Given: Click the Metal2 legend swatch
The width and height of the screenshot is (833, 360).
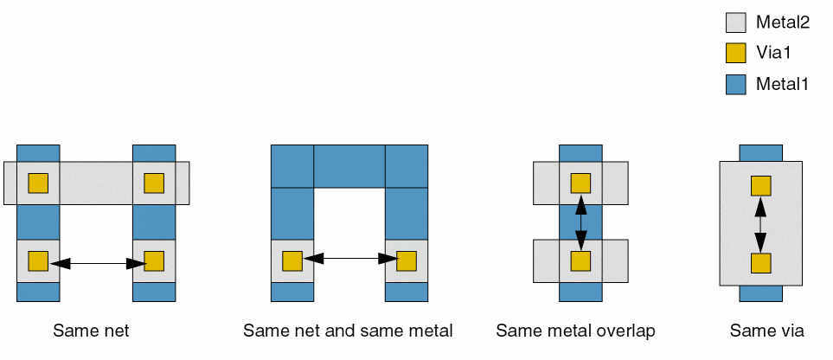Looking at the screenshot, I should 735,22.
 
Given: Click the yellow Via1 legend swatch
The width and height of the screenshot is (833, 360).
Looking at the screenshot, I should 735,53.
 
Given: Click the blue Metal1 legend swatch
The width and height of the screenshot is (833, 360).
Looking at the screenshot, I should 735,84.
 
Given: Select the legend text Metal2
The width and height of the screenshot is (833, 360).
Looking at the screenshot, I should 782,22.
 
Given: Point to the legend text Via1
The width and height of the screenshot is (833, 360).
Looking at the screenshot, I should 774,53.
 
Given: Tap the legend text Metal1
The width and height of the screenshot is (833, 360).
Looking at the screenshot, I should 782,84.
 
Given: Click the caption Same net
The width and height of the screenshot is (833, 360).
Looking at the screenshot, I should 91,331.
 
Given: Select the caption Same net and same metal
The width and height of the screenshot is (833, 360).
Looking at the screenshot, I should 348,331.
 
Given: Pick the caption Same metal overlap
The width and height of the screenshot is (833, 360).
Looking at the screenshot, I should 576,331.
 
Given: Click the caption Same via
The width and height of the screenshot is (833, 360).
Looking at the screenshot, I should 767,331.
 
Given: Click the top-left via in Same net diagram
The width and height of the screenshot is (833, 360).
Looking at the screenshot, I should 38,183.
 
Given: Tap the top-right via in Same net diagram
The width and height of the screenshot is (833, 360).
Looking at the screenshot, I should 154,183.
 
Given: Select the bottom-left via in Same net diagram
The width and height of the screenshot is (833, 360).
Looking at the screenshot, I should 38,261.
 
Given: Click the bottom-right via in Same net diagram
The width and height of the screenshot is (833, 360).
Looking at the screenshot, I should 154,261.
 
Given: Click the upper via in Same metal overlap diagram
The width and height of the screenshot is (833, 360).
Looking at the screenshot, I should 580,183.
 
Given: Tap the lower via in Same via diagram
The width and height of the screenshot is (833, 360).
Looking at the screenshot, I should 760,264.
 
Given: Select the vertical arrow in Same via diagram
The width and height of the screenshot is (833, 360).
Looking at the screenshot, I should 760,225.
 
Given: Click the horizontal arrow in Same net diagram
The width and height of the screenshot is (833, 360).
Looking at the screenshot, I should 96,261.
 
